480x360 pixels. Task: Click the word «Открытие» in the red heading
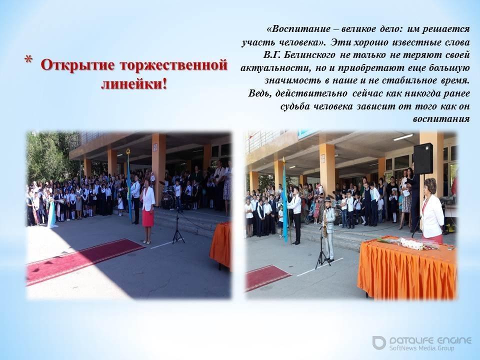point(78,65)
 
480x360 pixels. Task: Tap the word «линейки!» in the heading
point(134,83)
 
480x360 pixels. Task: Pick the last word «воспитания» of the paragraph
point(441,119)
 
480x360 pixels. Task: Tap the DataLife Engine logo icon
point(379,342)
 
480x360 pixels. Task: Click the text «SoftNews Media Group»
point(421,348)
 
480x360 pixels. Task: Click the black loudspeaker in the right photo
point(423,158)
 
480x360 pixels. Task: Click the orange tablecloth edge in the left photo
point(220,245)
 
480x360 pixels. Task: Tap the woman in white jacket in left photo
point(147,211)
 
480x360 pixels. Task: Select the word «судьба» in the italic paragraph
point(295,106)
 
